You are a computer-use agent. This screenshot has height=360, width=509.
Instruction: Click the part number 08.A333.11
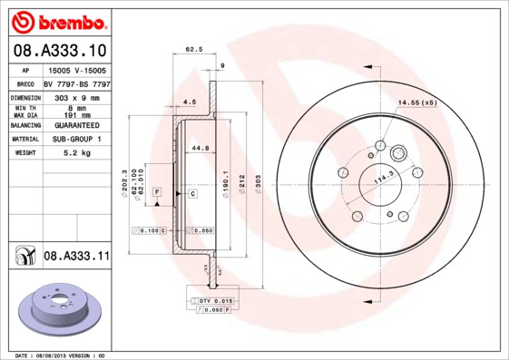[76, 258]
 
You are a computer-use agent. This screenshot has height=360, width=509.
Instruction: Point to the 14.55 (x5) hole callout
[416, 102]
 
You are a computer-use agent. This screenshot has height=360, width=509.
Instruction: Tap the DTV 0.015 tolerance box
[216, 299]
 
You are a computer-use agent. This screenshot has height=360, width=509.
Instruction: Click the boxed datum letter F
[157, 193]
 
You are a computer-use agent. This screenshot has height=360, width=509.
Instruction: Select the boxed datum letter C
[192, 194]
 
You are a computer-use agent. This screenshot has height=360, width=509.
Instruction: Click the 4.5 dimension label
[189, 102]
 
